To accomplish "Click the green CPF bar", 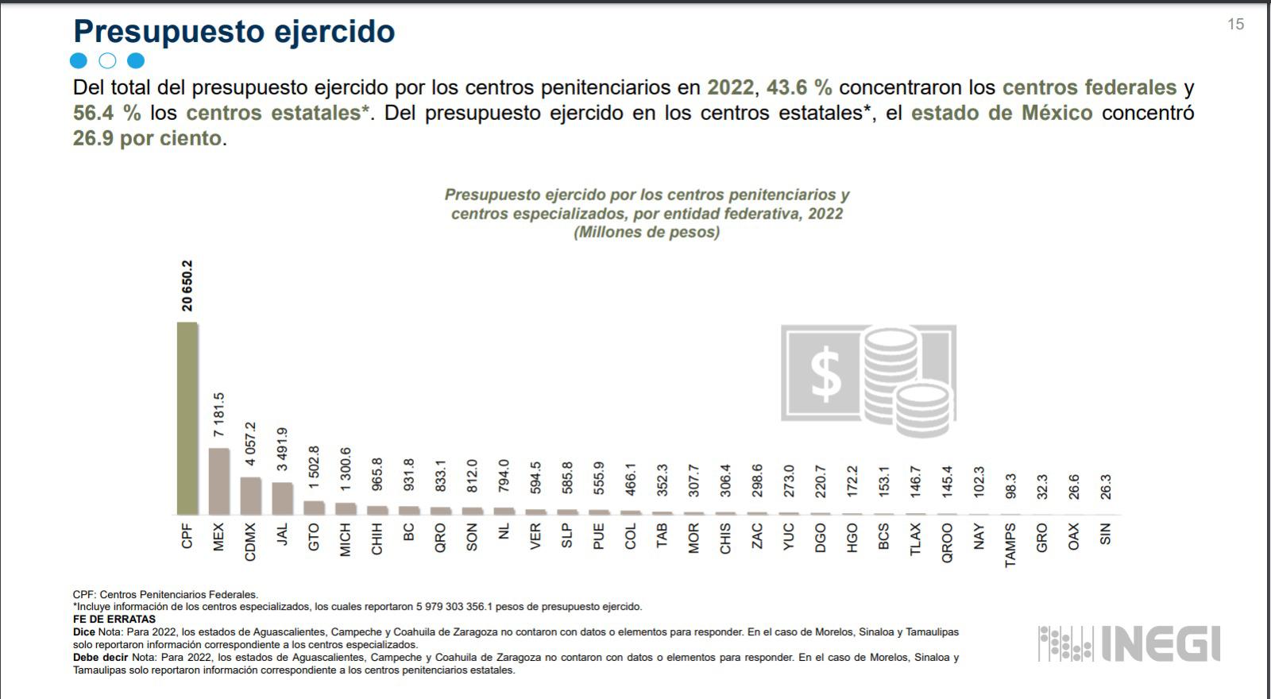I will pyautogui.click(x=187, y=419).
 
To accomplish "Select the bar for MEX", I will pyautogui.click(x=218, y=481).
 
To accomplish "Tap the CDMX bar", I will pyautogui.click(x=250, y=496).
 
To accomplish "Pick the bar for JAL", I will pyautogui.click(x=282, y=498).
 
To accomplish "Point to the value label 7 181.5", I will pyautogui.click(x=219, y=415).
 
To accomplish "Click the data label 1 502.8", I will pyautogui.click(x=314, y=468).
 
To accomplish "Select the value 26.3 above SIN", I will pyautogui.click(x=1105, y=487).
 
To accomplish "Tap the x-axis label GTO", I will pyautogui.click(x=314, y=537).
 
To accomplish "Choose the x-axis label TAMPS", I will pyautogui.click(x=1010, y=545).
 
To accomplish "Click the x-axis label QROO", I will pyautogui.click(x=947, y=543).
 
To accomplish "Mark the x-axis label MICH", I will pyautogui.click(x=346, y=539).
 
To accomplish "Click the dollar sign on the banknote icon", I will pyautogui.click(x=825, y=374).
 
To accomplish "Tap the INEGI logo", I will pyautogui.click(x=1129, y=643).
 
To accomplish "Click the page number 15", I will pyautogui.click(x=1235, y=25).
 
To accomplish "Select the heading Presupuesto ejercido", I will pyautogui.click(x=234, y=32).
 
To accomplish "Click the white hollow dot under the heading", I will pyautogui.click(x=107, y=60).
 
